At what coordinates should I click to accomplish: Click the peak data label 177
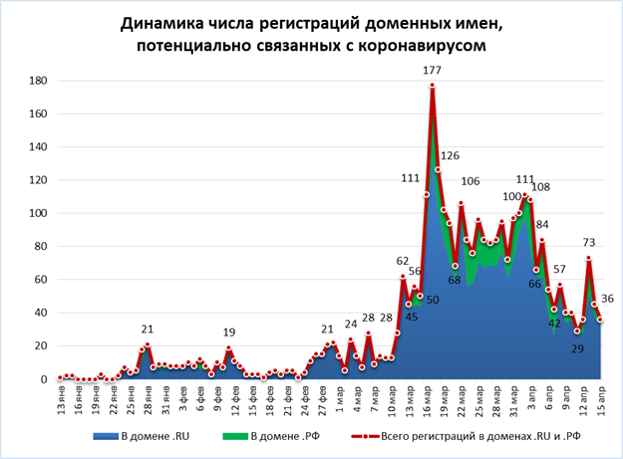coord(432,70)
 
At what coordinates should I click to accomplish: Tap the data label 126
coord(450,156)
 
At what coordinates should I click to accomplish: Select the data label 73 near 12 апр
coord(589,243)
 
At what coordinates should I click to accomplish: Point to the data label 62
coord(402,261)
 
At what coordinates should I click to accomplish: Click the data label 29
coord(577,347)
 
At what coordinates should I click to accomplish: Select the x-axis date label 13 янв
coord(62,405)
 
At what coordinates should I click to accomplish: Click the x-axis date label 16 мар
coord(432,405)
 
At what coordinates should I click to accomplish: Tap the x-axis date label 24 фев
coord(305,405)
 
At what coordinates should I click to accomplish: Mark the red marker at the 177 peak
coord(432,86)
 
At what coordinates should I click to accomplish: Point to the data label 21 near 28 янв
coord(148,329)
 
